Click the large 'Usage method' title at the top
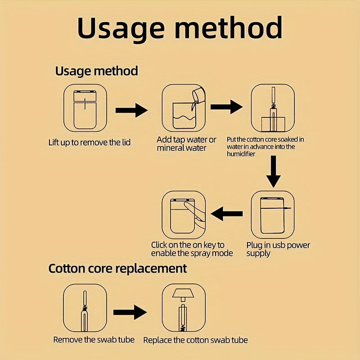180,29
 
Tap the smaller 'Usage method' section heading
97,71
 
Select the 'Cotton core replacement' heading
117,268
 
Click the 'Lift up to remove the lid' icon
85,108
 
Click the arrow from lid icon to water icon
131,110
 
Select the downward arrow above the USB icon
273,171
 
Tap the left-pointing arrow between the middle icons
227,214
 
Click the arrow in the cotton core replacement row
130,312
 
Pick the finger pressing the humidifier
195,213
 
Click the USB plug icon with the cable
273,215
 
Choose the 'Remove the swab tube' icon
85,308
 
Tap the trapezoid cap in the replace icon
183,293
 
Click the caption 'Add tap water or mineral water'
186,144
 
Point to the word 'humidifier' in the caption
241,154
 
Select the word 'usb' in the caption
278,245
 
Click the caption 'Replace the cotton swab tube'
196,340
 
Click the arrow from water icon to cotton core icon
226,107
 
